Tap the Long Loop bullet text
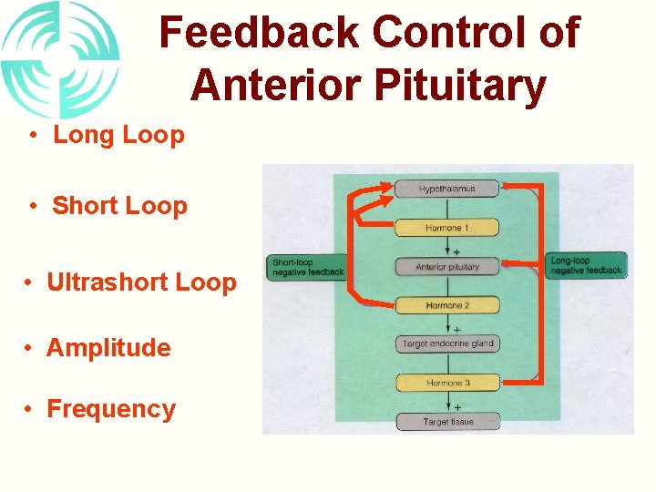(x=118, y=136)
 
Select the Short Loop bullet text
(x=119, y=206)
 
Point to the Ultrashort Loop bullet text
(x=141, y=282)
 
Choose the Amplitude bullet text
(x=108, y=348)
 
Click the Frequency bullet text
(x=110, y=409)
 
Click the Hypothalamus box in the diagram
(x=446, y=190)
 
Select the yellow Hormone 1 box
(x=446, y=228)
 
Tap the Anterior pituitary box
(x=446, y=267)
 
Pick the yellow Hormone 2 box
(x=446, y=305)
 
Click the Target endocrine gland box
(x=446, y=343)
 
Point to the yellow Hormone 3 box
(x=446, y=383)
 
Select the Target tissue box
(x=446, y=421)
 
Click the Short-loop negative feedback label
(x=307, y=267)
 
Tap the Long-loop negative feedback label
(x=587, y=265)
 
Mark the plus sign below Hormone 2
(x=456, y=328)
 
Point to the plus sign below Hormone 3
(x=456, y=406)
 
